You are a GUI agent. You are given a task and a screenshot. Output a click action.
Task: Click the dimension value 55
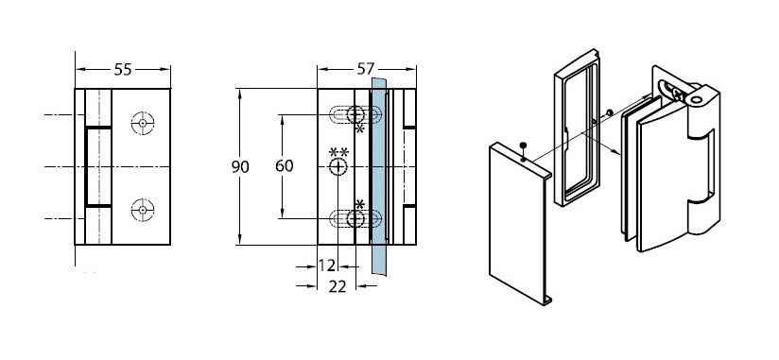click(x=123, y=70)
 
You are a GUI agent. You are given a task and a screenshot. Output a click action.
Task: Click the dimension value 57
click(x=365, y=69)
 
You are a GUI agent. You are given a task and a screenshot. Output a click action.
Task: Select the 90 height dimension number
click(x=240, y=167)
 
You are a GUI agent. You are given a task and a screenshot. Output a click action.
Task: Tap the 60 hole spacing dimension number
click(x=285, y=166)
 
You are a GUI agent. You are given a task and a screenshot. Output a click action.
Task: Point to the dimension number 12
click(x=326, y=266)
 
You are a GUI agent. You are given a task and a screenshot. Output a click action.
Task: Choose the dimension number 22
click(x=337, y=286)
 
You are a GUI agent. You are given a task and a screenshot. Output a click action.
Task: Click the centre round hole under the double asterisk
click(x=338, y=167)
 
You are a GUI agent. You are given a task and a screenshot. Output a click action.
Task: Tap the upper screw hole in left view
click(x=143, y=123)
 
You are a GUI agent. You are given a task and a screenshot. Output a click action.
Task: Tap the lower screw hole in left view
click(x=143, y=210)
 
